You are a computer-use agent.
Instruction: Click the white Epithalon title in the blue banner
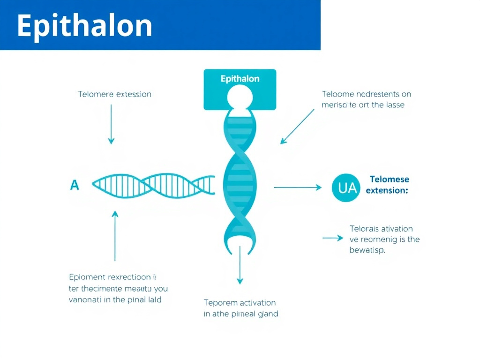[85, 26]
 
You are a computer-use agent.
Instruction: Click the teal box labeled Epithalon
[240, 79]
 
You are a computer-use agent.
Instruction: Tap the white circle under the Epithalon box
[240, 97]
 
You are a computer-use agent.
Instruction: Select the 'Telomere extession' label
[114, 94]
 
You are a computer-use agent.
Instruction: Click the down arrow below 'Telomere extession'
[111, 124]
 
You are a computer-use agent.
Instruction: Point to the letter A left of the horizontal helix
[74, 185]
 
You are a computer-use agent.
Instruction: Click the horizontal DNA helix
[154, 184]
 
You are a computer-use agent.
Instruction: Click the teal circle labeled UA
[347, 187]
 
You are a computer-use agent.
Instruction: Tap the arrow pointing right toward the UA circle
[298, 187]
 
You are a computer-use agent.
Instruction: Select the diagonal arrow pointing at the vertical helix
[298, 126]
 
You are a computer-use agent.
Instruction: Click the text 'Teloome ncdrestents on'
[366, 94]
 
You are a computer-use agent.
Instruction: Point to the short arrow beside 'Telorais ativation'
[333, 238]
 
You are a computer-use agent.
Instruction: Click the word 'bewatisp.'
[367, 250]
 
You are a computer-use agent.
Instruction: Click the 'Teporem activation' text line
[240, 303]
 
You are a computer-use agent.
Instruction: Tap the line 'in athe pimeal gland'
[241, 314]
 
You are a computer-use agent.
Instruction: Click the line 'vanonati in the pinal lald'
[115, 300]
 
